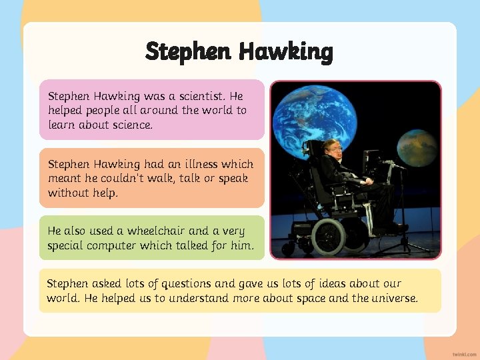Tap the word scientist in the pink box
(x=197, y=96)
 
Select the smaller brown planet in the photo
(x=416, y=148)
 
